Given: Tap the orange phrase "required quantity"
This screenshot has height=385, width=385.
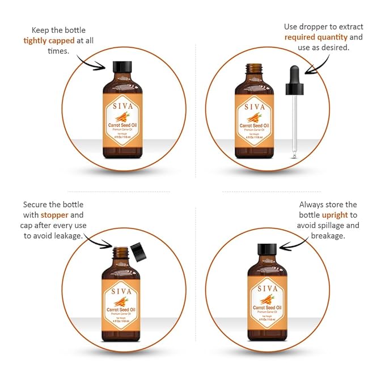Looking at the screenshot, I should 314,37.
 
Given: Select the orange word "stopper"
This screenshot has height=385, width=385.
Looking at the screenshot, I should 54,215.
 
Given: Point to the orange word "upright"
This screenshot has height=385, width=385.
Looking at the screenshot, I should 335,215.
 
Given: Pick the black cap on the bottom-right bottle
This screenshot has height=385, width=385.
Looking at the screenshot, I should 267,249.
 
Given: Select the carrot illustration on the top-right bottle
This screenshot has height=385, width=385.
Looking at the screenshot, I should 253,117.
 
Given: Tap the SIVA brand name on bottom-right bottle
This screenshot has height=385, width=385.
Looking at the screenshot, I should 267,288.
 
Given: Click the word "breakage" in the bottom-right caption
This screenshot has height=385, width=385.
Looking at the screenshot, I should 328,235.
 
